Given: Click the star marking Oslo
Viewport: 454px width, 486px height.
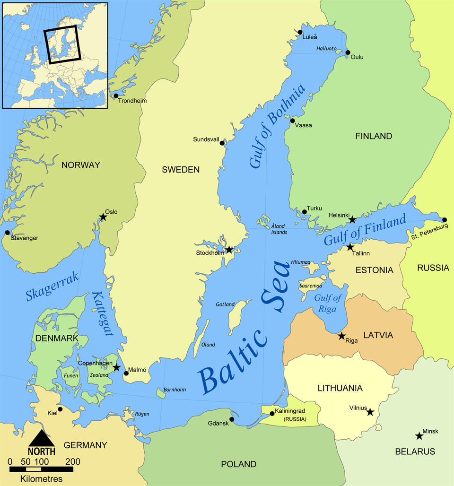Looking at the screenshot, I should click(103, 217).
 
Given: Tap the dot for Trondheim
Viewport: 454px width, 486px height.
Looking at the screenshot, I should click(116, 96).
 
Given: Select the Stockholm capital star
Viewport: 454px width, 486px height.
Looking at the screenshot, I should click(229, 249).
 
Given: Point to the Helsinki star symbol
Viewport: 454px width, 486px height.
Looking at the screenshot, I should click(352, 219).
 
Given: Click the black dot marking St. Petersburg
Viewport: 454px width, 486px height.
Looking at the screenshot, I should click(444, 220).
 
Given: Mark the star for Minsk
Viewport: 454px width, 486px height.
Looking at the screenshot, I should click(419, 436).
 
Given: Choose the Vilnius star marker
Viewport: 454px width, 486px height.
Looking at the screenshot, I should click(370, 412).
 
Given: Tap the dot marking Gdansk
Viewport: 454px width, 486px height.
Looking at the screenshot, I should click(232, 419).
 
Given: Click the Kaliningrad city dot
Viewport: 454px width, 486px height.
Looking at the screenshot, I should click(272, 414).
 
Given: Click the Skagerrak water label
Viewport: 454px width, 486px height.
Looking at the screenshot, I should click(52, 287).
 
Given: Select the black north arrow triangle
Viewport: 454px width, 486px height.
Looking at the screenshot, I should click(42, 438).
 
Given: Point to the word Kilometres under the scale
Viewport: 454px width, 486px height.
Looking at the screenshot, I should click(42, 479).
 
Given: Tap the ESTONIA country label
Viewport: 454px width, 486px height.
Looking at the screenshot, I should click(374, 270).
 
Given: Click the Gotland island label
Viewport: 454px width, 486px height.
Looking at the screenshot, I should click(225, 304).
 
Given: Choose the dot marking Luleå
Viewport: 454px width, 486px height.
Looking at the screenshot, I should click(300, 32).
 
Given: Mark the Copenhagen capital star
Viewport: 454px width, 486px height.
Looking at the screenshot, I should click(116, 367).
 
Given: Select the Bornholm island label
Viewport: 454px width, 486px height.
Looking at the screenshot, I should click(175, 390).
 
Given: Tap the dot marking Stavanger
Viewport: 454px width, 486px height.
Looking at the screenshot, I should click(7, 232).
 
